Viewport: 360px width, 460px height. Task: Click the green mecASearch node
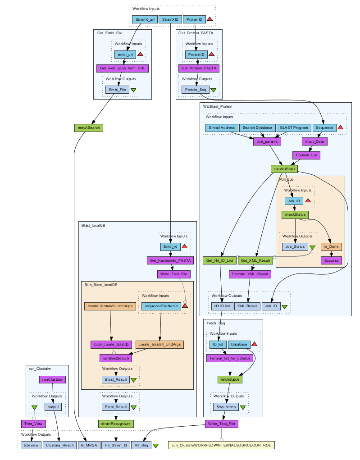point(88,128)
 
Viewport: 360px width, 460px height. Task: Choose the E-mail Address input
point(222,128)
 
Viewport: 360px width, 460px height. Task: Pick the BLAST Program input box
point(294,128)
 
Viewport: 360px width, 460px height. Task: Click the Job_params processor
point(266,141)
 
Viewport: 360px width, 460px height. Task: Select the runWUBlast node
point(284,169)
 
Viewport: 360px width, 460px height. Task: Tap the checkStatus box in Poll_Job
point(294,215)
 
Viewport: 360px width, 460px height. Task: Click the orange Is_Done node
point(333,246)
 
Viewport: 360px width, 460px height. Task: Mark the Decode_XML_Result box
point(250,273)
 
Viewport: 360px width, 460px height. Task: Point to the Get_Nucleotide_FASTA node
point(170,260)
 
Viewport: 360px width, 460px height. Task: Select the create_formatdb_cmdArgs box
point(110,306)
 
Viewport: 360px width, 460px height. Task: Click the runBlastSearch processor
point(116,358)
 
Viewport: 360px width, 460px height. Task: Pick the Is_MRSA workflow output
point(89,445)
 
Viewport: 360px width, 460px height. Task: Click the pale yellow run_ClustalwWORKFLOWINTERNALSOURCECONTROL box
point(221,445)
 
